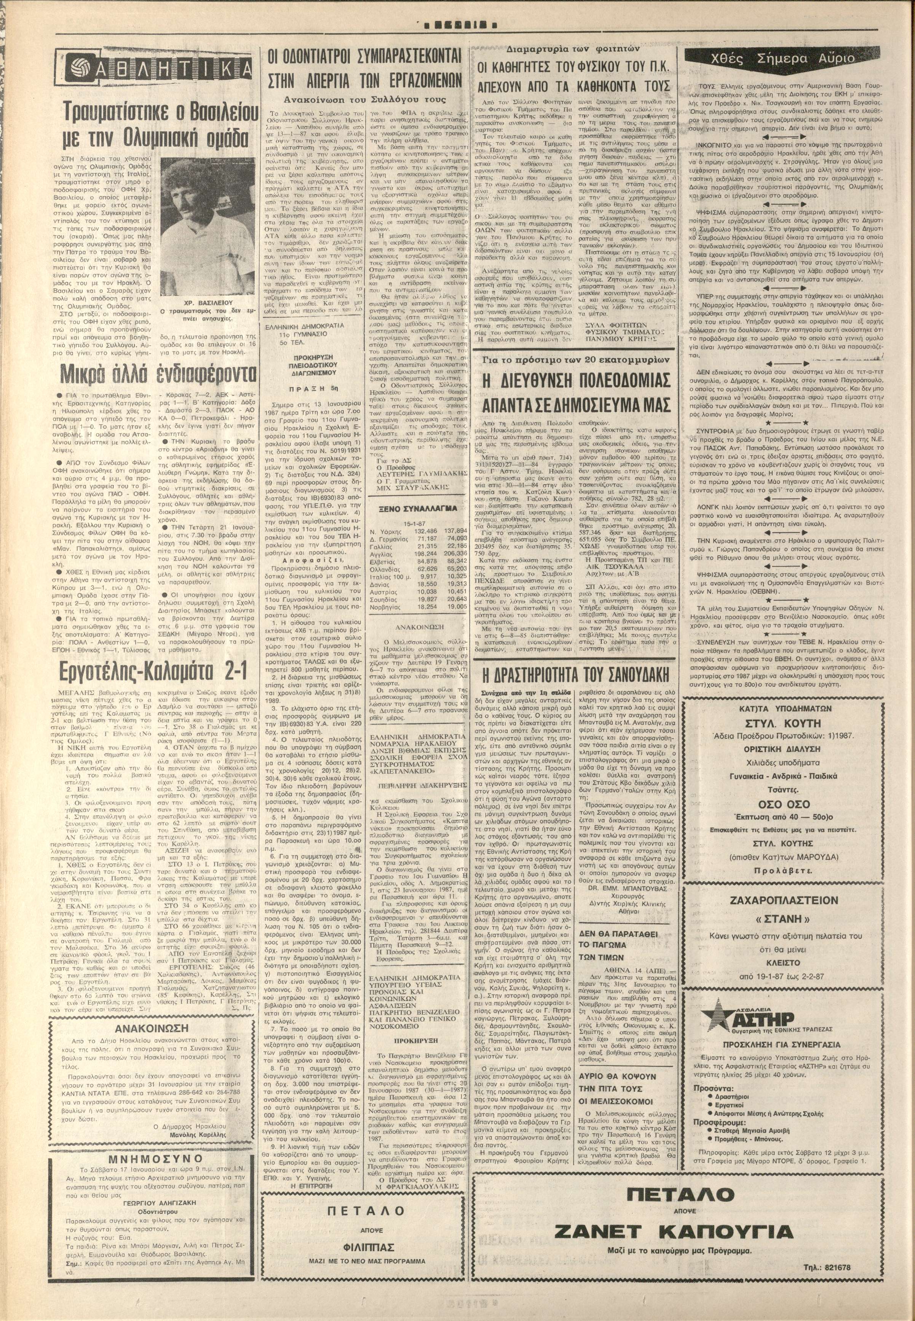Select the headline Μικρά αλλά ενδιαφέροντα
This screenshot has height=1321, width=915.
158,374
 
